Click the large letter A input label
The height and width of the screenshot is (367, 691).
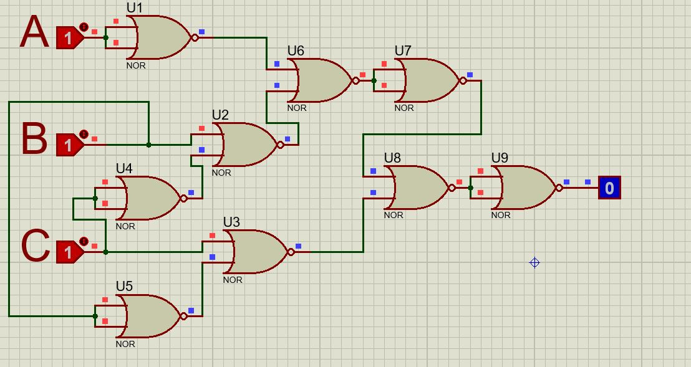pyautogui.click(x=34, y=32)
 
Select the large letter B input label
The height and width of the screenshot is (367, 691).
pyautogui.click(x=34, y=138)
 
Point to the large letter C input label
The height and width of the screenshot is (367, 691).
pyautogui.click(x=36, y=246)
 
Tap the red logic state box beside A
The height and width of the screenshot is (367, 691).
pyautogui.click(x=69, y=37)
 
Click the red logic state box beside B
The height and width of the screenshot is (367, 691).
pyautogui.click(x=69, y=145)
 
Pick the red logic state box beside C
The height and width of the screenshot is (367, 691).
pyautogui.click(x=69, y=252)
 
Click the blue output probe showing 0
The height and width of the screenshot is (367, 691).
pyautogui.click(x=609, y=188)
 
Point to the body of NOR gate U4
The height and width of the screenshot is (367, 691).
pyautogui.click(x=150, y=198)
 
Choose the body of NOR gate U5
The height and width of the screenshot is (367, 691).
pyautogui.click(x=150, y=316)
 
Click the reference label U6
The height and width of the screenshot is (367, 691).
pyautogui.click(x=296, y=50)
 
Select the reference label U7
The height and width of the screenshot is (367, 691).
pyautogui.click(x=403, y=50)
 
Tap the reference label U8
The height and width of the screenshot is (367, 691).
pyautogui.click(x=392, y=158)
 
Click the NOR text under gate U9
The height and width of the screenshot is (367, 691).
pyautogui.click(x=501, y=215)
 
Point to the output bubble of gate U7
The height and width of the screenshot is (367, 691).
pyautogui.click(x=463, y=80)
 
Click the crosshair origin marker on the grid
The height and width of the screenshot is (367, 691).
pyautogui.click(x=534, y=262)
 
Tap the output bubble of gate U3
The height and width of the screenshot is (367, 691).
pyautogui.click(x=291, y=252)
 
